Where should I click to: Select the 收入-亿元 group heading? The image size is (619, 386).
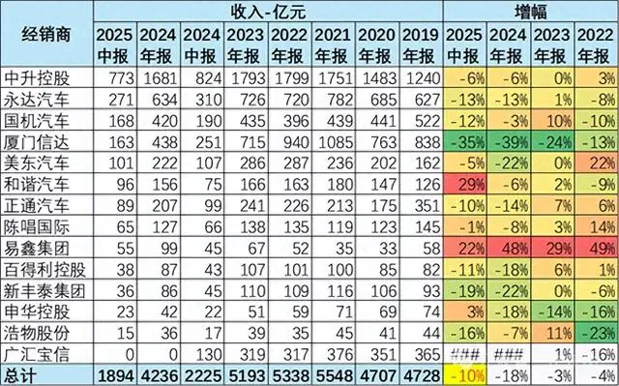point(268,11)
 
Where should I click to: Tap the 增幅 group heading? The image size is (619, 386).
point(530,11)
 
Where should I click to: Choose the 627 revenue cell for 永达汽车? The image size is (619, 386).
point(421,97)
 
